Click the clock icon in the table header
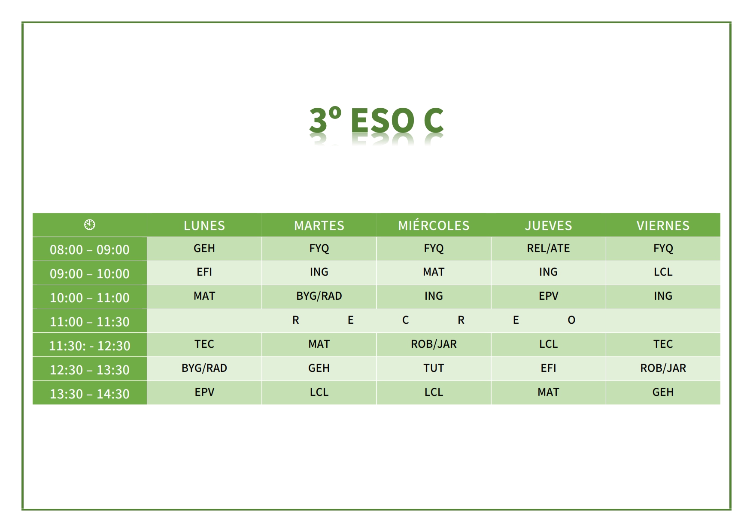pos(90,225)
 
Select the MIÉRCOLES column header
pos(434,225)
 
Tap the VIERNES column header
pos(663,225)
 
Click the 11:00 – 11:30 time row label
pos(90,322)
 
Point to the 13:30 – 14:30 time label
pos(90,394)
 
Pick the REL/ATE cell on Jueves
pos(548,248)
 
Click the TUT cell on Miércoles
pos(434,368)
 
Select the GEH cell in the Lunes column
pos(204,248)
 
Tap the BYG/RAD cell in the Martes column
pos(319,296)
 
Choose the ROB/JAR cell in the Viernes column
pos(663,368)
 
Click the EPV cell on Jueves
pos(548,296)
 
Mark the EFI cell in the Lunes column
pos(204,272)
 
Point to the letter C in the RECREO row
pos(406,320)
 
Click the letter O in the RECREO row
pos(571,320)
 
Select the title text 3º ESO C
pos(376,120)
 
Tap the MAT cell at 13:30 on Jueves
pos(548,392)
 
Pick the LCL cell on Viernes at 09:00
pos(663,272)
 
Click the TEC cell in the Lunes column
pos(204,344)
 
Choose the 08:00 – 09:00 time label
pos(90,249)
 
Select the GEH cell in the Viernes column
pos(663,392)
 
